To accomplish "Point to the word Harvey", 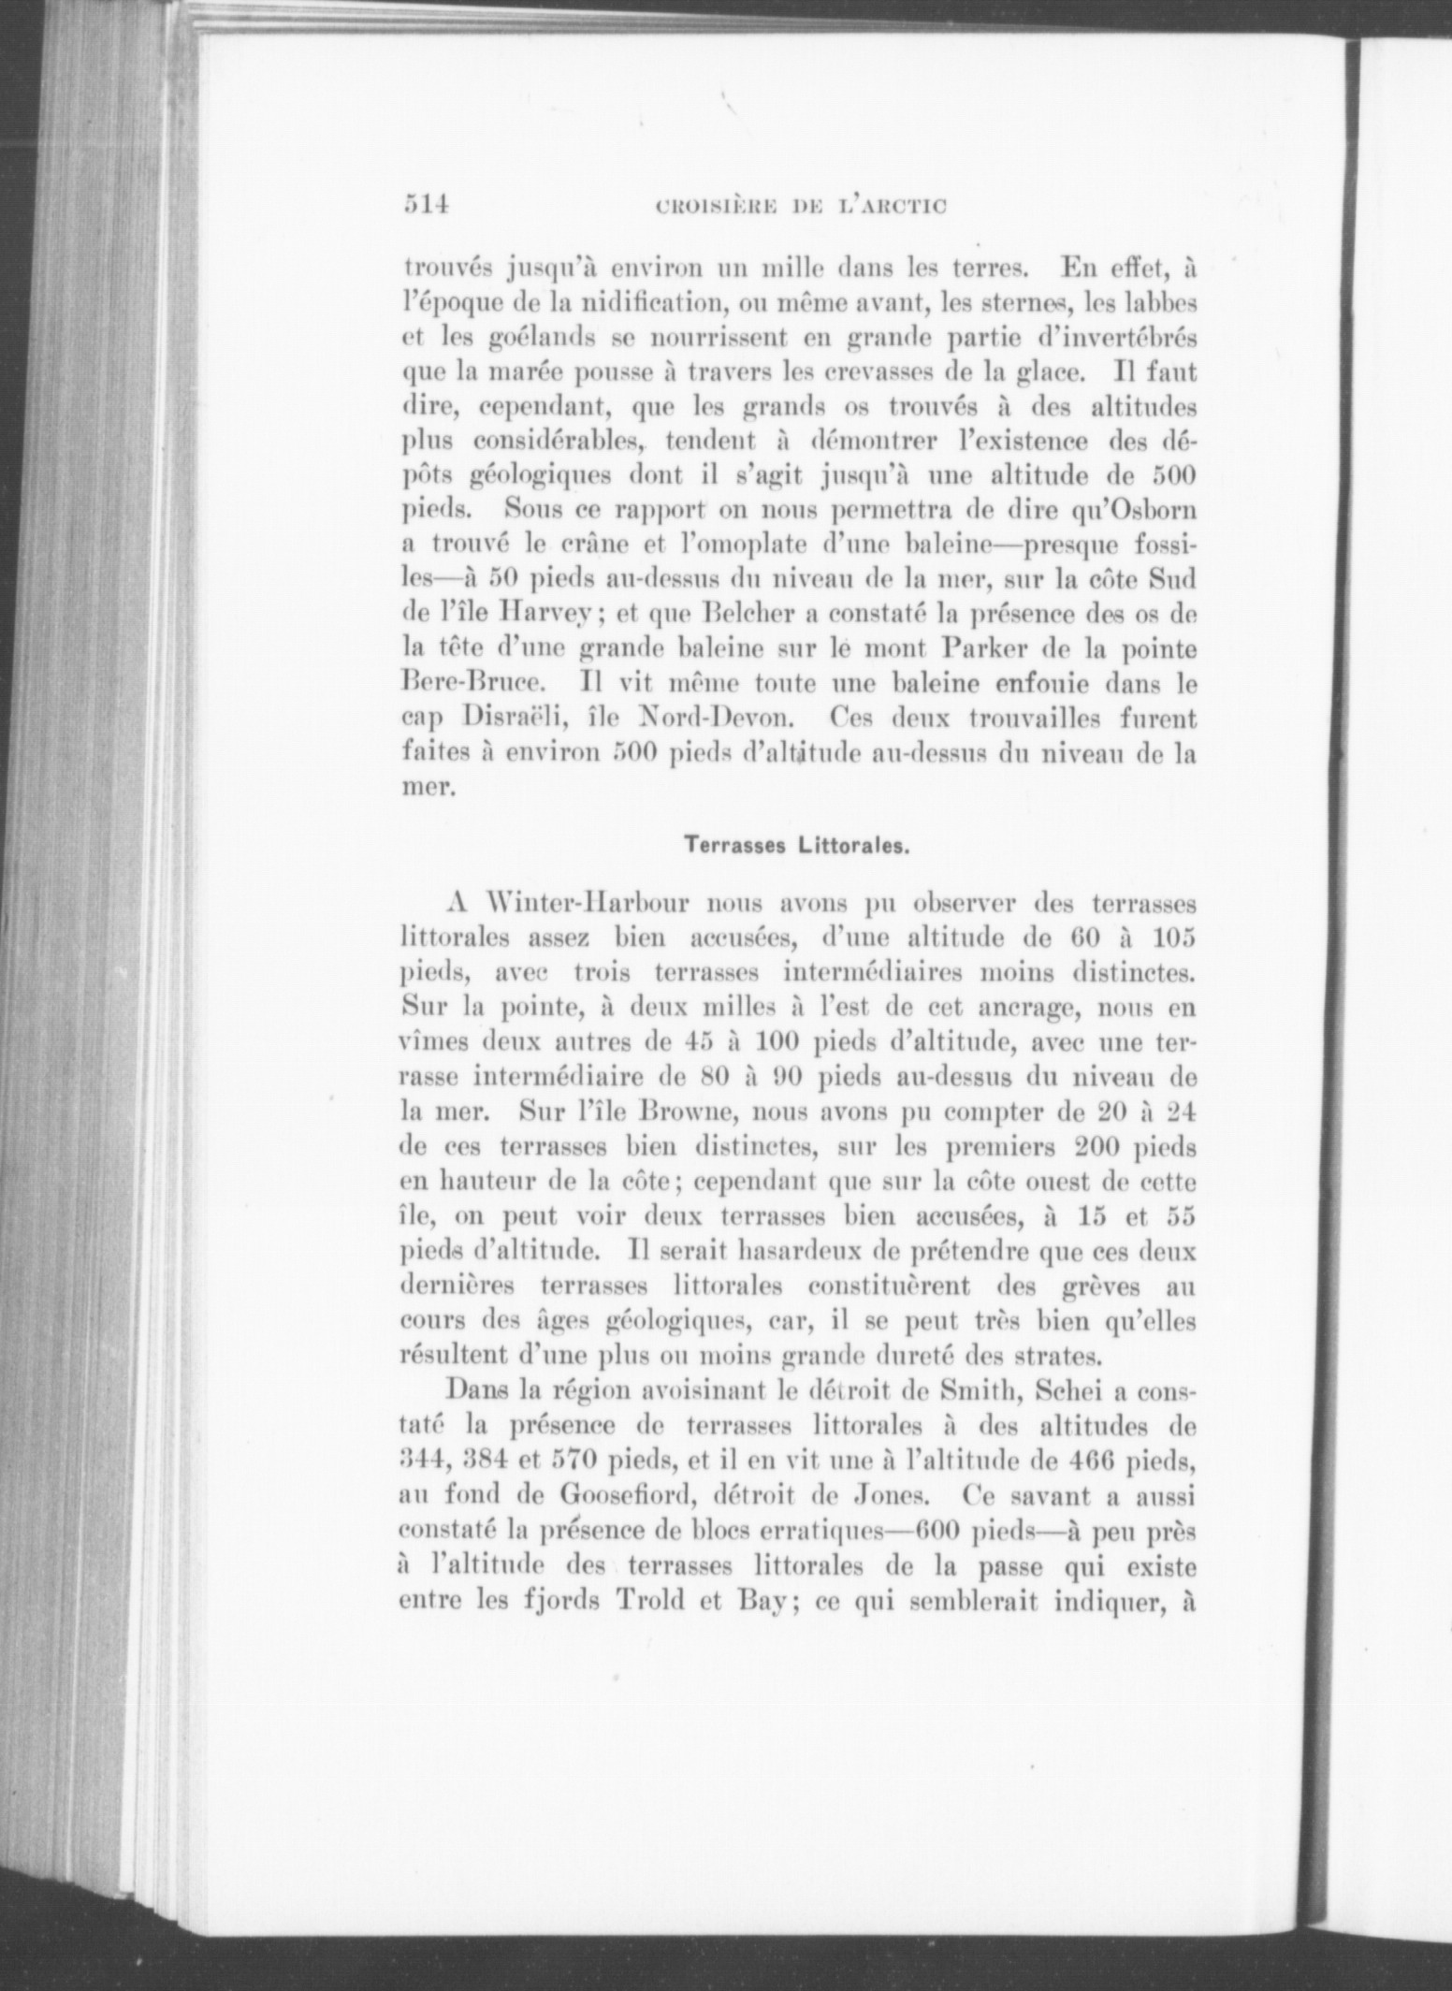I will (x=545, y=616).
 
